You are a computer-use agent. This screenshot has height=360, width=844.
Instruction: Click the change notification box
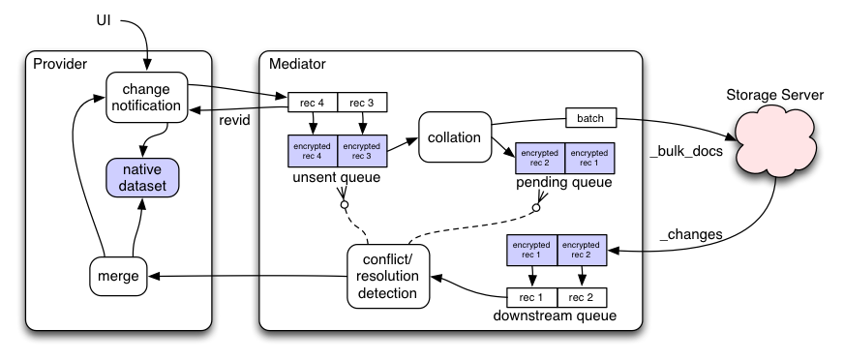pos(146,97)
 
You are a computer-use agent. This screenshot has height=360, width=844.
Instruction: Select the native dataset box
pos(142,177)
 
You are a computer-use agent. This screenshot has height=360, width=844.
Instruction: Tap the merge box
pos(118,276)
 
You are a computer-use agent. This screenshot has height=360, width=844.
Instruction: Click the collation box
pos(455,137)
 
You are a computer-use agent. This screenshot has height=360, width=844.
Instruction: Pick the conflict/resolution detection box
pos(388,276)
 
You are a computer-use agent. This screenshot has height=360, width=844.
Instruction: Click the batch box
pos(590,118)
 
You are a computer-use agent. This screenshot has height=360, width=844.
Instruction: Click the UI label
pos(104,21)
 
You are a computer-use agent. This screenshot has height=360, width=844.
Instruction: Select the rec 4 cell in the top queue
pos(313,103)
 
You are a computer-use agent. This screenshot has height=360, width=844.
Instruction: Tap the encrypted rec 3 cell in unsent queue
pos(362,151)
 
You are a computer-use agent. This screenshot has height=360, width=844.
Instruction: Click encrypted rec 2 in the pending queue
pos(540,158)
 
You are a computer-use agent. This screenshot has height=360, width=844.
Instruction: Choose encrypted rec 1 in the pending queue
pos(590,158)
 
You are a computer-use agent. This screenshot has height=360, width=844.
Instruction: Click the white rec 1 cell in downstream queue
pos(531,297)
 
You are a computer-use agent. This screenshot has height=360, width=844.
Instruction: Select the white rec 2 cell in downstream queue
pos(582,297)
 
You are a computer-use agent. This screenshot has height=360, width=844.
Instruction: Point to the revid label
pos(234,120)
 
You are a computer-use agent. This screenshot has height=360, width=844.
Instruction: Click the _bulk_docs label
pos(686,152)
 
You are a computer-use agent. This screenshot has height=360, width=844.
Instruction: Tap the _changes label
pos(691,234)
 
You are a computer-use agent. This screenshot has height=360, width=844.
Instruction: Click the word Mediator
pos(297,64)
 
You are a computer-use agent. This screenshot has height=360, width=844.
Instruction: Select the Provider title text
pos(60,64)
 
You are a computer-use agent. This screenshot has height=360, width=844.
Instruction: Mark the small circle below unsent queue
pos(345,204)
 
